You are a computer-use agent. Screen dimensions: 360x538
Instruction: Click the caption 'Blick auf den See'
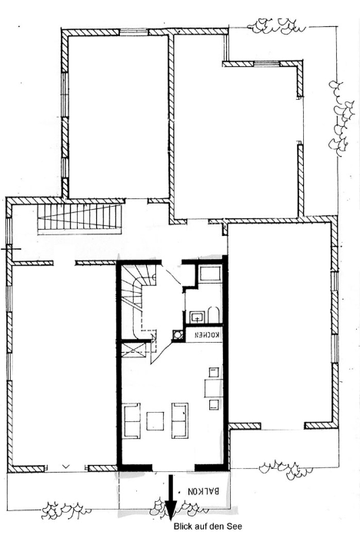click(x=208, y=526)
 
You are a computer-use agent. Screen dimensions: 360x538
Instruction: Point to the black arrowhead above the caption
click(x=171, y=512)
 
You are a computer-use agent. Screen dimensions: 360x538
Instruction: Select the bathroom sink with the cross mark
click(x=197, y=317)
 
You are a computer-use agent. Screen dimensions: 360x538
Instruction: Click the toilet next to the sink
click(x=214, y=314)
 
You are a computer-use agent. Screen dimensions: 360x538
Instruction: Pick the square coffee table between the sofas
click(x=155, y=421)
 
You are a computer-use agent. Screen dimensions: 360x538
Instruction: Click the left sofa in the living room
click(x=132, y=420)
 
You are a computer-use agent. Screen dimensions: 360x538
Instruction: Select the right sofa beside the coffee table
click(x=180, y=420)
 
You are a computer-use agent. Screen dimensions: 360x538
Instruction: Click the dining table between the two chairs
click(x=212, y=387)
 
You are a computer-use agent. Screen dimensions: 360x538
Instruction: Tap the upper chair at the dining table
click(x=214, y=373)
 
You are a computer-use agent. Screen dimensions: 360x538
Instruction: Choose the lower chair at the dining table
click(x=214, y=404)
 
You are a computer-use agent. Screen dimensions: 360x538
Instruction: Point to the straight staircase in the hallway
click(x=80, y=218)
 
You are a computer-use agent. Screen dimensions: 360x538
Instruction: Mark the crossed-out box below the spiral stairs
click(x=135, y=349)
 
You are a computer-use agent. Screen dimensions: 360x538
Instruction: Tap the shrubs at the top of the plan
click(x=276, y=26)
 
